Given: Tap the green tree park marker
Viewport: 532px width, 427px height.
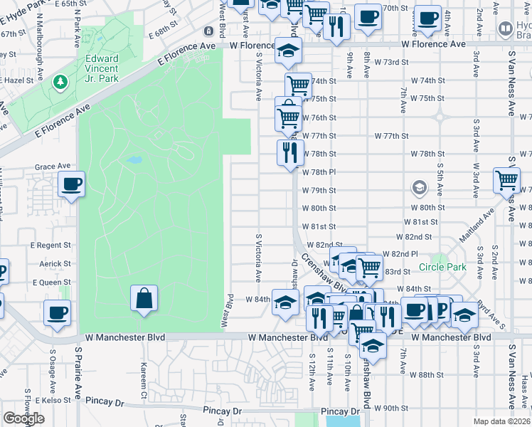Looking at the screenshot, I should tap(61, 83).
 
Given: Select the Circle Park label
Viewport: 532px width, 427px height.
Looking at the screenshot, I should tap(442, 268).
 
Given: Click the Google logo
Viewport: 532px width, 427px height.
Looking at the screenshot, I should tap(23, 418).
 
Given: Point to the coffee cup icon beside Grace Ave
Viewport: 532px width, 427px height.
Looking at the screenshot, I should tap(71, 185).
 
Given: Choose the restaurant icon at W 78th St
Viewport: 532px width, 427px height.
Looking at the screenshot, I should tap(290, 153).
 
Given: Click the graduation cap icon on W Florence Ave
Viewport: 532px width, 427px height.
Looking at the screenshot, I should tap(288, 51).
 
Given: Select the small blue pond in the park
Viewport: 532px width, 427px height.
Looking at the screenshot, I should tap(133, 160).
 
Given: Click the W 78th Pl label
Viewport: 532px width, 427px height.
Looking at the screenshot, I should tap(318, 172).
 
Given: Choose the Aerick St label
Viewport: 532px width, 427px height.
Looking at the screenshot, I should tap(56, 263).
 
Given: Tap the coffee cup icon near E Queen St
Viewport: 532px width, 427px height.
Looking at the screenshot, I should tap(57, 313).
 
